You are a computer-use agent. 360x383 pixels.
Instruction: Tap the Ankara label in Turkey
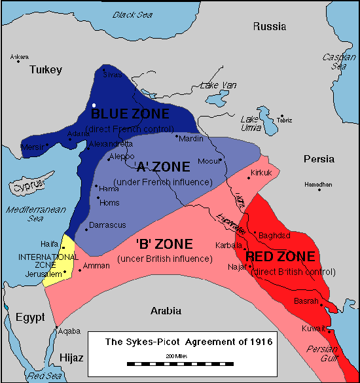click(20, 58)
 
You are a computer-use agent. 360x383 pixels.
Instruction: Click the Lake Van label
click(219, 84)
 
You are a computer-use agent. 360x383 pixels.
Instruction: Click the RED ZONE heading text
click(280, 257)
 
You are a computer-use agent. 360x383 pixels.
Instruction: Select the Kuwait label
click(313, 327)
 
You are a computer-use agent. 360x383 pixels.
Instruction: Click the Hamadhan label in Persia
click(318, 185)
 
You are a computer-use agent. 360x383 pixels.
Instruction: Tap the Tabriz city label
click(285, 120)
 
